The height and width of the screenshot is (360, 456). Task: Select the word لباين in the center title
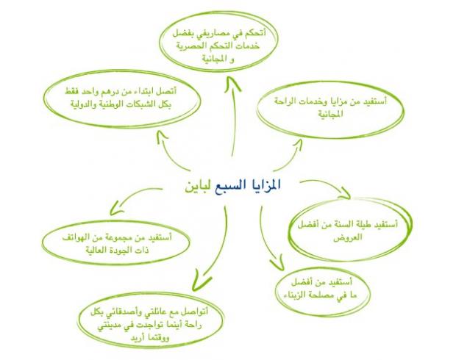[x=199, y=186]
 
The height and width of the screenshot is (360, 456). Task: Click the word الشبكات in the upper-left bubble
[x=142, y=104]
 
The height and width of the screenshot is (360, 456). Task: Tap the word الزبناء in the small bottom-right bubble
[x=294, y=295]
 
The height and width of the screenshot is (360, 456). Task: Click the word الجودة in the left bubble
[x=112, y=250]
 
